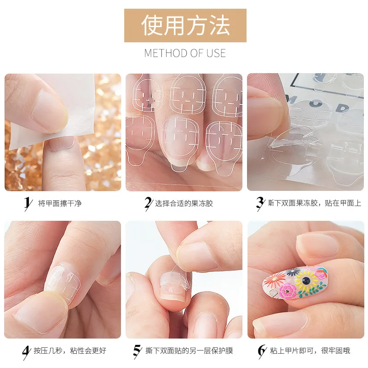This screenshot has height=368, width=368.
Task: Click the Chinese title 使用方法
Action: point(185,25)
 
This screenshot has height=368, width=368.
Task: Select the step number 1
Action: point(28,203)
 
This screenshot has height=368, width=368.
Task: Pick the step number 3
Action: point(260,203)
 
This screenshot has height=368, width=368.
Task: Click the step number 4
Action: point(26,351)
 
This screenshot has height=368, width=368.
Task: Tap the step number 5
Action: point(137,351)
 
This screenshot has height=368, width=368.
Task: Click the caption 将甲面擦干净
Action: point(59,203)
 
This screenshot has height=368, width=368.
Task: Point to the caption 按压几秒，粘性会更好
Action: point(70,351)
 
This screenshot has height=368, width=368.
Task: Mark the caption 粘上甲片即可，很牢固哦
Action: point(310,351)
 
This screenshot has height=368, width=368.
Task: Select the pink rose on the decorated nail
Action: point(289,290)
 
